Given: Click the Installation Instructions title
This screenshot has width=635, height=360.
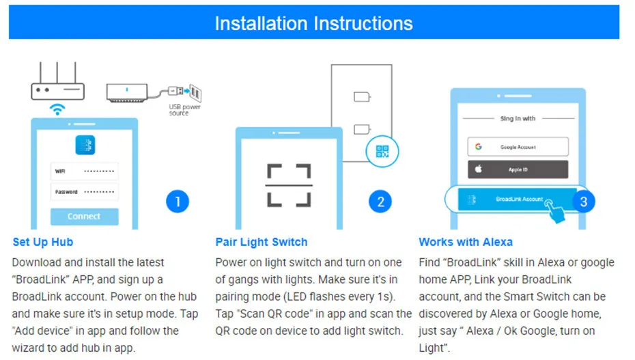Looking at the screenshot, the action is pyautogui.click(x=313, y=23).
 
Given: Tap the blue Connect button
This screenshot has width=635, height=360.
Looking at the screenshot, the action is pyautogui.click(x=84, y=217).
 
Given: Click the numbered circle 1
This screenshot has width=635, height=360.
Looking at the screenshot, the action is pyautogui.click(x=178, y=202).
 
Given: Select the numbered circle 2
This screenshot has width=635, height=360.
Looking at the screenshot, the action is pyautogui.click(x=380, y=202).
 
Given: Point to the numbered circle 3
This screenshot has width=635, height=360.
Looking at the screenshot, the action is pyautogui.click(x=582, y=202).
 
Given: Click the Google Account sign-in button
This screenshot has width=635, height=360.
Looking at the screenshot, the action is pyautogui.click(x=518, y=147).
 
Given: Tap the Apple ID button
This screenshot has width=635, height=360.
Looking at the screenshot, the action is pyautogui.click(x=518, y=169).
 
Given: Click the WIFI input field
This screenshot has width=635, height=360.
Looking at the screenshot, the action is pyautogui.click(x=84, y=171).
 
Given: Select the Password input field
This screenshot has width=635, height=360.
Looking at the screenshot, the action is pyautogui.click(x=84, y=192).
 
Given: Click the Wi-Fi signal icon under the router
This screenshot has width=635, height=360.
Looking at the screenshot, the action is pyautogui.click(x=58, y=109).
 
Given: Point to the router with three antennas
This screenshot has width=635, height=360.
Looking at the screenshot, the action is pyautogui.click(x=57, y=85).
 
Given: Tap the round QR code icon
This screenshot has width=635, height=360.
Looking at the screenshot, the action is pyautogui.click(x=382, y=152).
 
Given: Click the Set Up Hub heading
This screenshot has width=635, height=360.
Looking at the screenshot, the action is pyautogui.click(x=42, y=242).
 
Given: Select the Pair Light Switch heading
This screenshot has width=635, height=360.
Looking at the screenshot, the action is pyautogui.click(x=262, y=242).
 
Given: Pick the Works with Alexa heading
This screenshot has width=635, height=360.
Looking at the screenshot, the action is pyautogui.click(x=465, y=242).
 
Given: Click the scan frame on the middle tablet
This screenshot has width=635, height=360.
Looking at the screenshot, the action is pyautogui.click(x=289, y=185).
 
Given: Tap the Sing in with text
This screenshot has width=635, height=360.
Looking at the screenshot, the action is pyautogui.click(x=518, y=119).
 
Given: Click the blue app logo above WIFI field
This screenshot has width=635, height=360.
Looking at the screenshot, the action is pyautogui.click(x=85, y=145).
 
